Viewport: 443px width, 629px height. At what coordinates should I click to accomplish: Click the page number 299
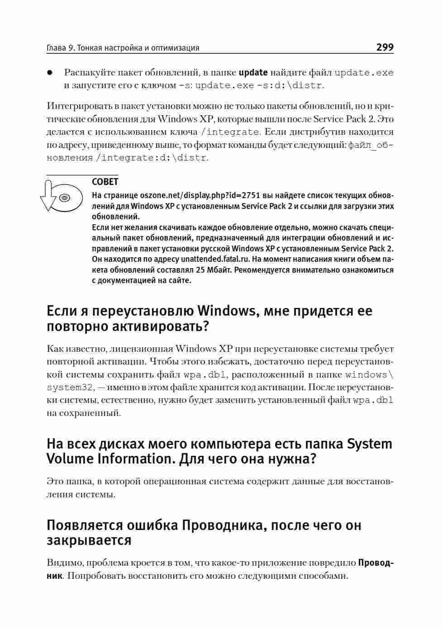point(385,47)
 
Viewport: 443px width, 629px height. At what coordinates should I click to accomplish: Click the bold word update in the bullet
point(253,72)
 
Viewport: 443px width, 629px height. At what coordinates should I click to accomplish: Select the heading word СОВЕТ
point(105,182)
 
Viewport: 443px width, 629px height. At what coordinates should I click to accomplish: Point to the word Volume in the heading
point(69,459)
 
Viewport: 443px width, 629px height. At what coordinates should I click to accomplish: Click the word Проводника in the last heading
point(220,525)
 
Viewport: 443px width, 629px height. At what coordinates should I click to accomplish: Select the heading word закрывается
point(89,540)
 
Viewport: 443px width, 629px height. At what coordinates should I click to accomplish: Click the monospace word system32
point(71,388)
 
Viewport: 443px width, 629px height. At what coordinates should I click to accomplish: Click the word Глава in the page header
point(57,48)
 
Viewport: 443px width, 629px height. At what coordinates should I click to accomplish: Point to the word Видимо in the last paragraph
point(64,563)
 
